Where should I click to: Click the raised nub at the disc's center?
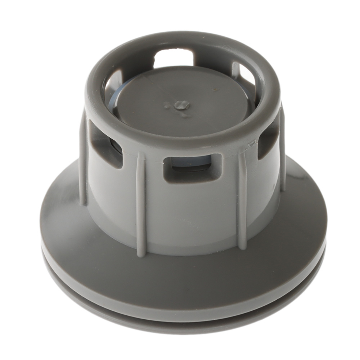tap(182, 105)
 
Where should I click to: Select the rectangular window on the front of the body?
tap(192, 167)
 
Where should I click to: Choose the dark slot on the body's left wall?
tap(105, 148)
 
